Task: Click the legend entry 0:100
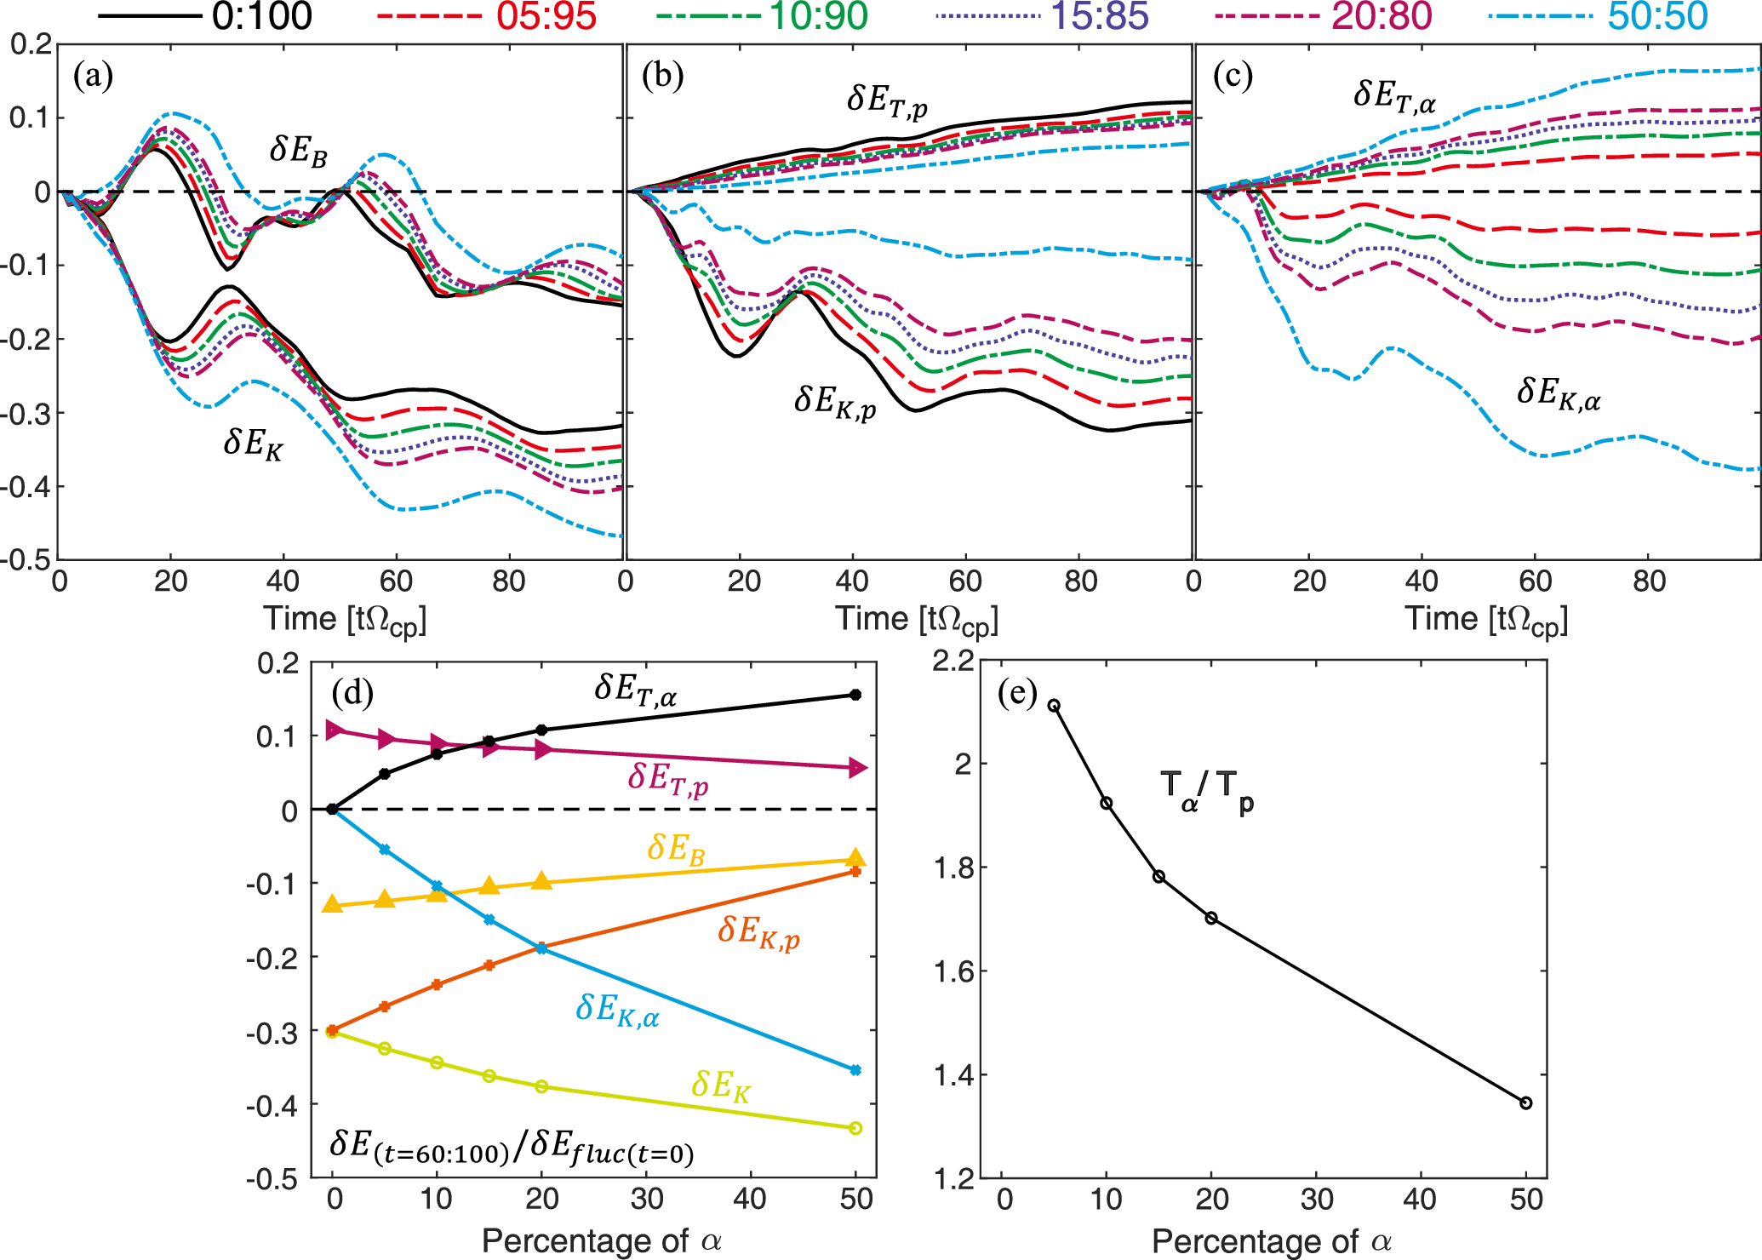coord(261,17)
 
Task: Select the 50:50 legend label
coord(1657,17)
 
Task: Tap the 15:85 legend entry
coord(1099,17)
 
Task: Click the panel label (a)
coord(93,77)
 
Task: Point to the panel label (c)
coord(1232,77)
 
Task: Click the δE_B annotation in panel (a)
coord(298,151)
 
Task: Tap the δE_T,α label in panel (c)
coord(1394,96)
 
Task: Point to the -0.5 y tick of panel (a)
coord(27,560)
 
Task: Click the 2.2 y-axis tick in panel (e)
coord(953,661)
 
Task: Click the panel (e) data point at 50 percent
coord(1525,1102)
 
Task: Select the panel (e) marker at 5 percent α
coord(1054,705)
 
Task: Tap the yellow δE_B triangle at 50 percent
coord(855,858)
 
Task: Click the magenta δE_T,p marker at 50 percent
coord(856,768)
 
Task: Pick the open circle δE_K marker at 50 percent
coord(855,1128)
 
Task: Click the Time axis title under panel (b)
coord(916,620)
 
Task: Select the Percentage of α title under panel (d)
coord(601,1241)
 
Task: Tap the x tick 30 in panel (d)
coord(646,1199)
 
